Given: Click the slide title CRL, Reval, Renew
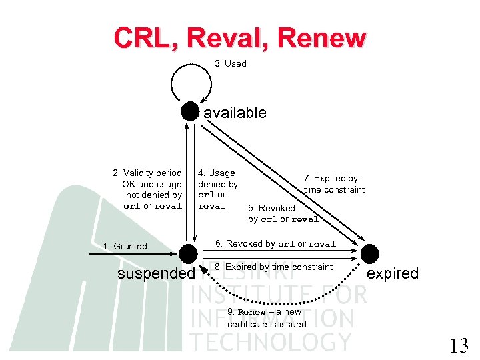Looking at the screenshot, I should [x=239, y=37].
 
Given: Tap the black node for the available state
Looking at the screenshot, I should [x=191, y=111].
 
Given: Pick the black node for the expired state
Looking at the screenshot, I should [x=369, y=254].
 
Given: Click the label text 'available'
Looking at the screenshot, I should [x=235, y=113].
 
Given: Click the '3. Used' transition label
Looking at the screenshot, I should [x=230, y=63].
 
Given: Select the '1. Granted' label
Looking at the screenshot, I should [x=125, y=246].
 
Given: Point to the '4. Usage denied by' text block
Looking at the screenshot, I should [x=217, y=189].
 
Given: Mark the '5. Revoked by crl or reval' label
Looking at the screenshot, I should [x=283, y=213].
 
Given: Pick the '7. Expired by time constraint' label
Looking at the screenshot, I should [x=334, y=184].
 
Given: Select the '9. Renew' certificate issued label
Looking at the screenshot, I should [x=267, y=318].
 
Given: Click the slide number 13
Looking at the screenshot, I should [x=459, y=346].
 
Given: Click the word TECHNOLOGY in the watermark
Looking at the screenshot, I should [x=270, y=341].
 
